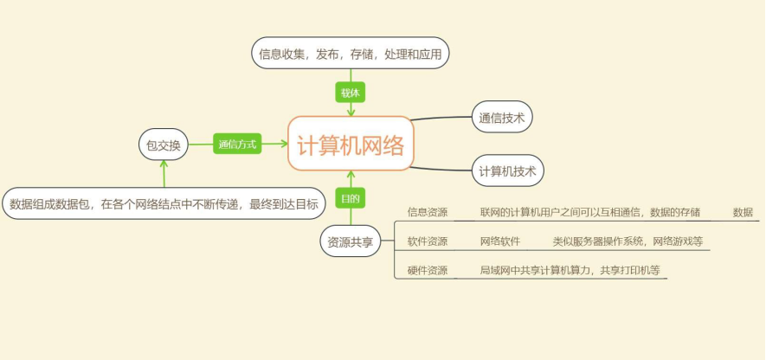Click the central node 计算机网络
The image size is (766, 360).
pos(351,145)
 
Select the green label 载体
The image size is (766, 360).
pos(351,91)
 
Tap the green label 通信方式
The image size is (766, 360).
pos(237,145)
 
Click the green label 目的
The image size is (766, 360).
pos(351,198)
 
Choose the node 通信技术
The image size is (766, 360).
pos(502,118)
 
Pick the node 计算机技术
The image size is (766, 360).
pos(507,170)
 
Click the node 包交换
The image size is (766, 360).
pos(164,145)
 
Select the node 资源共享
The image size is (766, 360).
pos(351,242)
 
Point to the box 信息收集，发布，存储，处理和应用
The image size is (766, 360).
pos(351,54)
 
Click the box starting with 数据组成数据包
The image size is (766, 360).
pos(164,204)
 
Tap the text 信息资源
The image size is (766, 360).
pos(428,212)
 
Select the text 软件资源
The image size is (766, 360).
pos(428,241)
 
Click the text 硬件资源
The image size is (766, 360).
pos(428,271)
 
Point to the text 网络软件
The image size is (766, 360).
pos(500,241)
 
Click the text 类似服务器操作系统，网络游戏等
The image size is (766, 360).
pos(628,241)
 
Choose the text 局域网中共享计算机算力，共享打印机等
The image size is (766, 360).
pos(570,271)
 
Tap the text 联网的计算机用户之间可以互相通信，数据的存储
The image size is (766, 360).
pos(589,212)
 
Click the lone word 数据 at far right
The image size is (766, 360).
pos(743,212)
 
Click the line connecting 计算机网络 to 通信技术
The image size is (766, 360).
pos(441,119)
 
